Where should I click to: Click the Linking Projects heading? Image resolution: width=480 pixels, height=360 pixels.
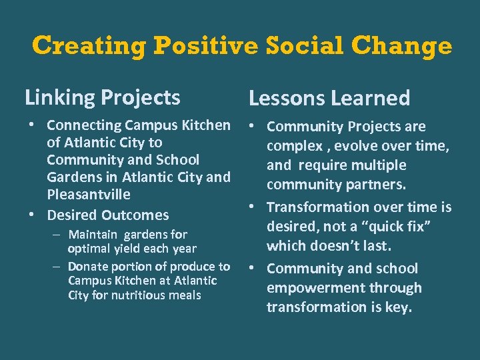(102, 98)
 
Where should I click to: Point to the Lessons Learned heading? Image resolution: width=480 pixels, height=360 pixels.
(329, 99)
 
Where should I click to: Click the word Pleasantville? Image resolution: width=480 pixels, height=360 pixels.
(89, 195)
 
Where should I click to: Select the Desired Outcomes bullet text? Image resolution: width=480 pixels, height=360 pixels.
(107, 215)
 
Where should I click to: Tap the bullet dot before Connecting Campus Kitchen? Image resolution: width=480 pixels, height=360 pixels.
(32, 125)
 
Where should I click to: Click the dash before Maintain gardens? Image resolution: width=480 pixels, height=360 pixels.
(59, 235)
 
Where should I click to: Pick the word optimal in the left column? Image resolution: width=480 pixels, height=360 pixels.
(89, 249)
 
